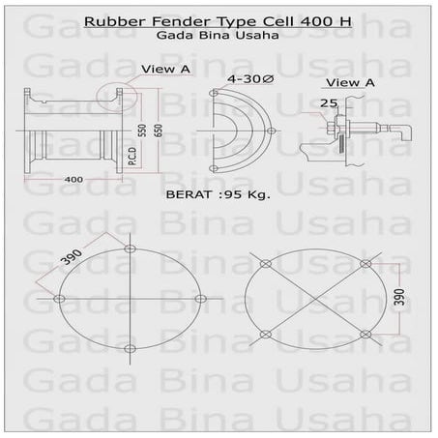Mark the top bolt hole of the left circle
click(x=130, y=249)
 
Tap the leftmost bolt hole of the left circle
click(x=60, y=298)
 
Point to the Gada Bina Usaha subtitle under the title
click(x=217, y=36)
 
